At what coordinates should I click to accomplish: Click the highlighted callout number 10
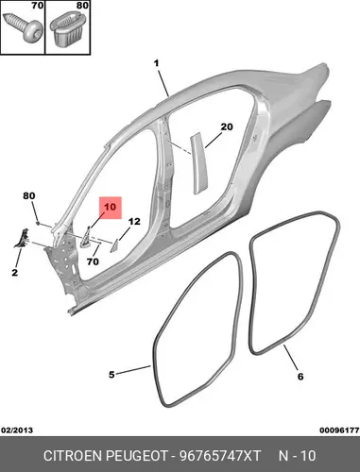point(111,207)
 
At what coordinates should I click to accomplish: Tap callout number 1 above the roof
point(156,63)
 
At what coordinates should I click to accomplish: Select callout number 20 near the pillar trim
point(227,126)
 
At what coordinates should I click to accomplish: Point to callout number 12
point(134,222)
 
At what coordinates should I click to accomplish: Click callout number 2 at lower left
point(15,273)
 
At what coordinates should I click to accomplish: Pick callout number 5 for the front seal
point(111,375)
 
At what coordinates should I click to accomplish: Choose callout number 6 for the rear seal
point(300,377)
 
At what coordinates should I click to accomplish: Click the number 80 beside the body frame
point(29,195)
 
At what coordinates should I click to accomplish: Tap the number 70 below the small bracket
point(93,261)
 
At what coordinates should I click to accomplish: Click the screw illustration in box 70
point(23,26)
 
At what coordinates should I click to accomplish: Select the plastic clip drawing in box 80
point(68,30)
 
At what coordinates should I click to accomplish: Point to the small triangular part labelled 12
point(113,245)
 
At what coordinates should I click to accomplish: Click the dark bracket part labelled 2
point(22,239)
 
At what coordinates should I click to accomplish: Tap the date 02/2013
point(17,430)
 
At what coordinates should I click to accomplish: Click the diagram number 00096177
point(339,430)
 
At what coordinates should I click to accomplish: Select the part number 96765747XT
point(220,456)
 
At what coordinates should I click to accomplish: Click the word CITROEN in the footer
point(73,456)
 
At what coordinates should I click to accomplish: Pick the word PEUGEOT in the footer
point(136,456)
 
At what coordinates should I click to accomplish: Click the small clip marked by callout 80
point(38,223)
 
